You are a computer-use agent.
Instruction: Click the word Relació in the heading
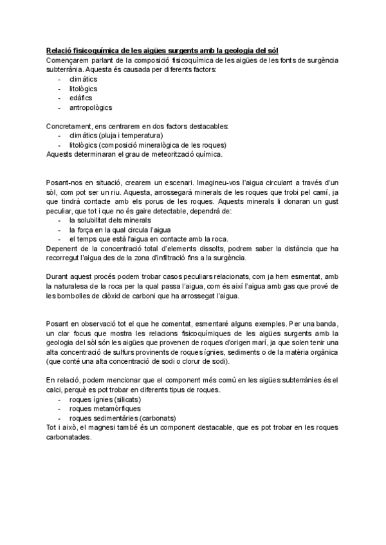(59, 51)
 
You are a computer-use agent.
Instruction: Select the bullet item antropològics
(90, 107)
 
